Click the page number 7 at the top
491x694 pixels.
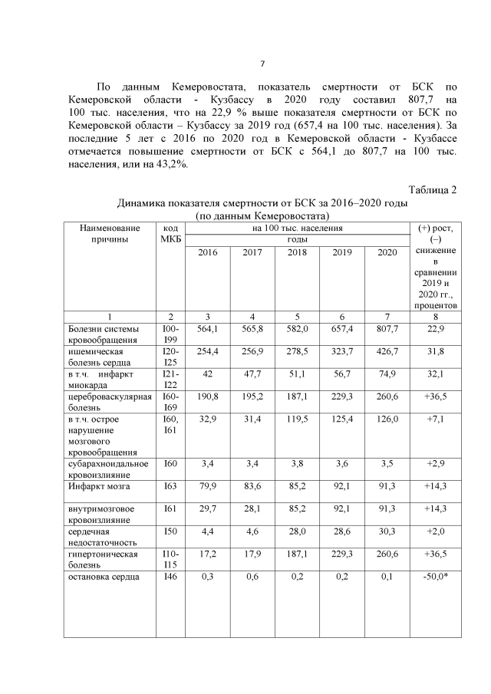262,64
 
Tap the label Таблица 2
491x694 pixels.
433,190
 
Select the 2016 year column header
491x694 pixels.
208,253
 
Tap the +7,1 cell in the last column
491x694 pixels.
435,419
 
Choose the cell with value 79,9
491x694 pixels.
208,486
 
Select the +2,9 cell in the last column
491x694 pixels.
435,465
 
